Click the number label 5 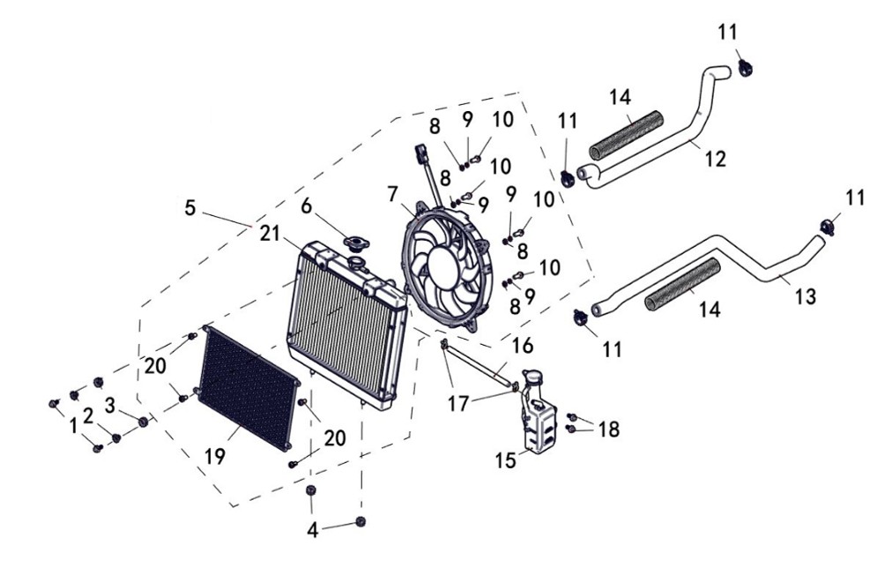pyautogui.click(x=190, y=208)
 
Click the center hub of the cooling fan pyautogui.click(x=441, y=263)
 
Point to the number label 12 pyautogui.click(x=716, y=159)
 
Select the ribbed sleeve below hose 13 pyautogui.click(x=683, y=287)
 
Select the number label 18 pyautogui.click(x=607, y=430)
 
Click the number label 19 pyautogui.click(x=215, y=456)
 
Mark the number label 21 pyautogui.click(x=270, y=234)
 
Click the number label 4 pyautogui.click(x=310, y=530)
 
